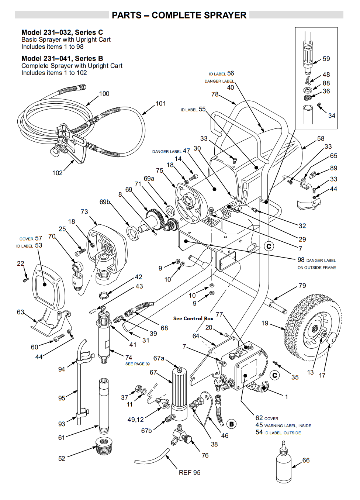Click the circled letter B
coord(231,424)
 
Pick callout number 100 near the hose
coord(104,94)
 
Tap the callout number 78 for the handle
coord(215,94)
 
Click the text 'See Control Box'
coord(193,318)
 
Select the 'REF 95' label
coord(190,473)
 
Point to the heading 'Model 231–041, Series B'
coord(62,58)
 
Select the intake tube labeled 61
coord(103,404)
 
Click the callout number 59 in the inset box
coord(326,59)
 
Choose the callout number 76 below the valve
coord(205,455)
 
